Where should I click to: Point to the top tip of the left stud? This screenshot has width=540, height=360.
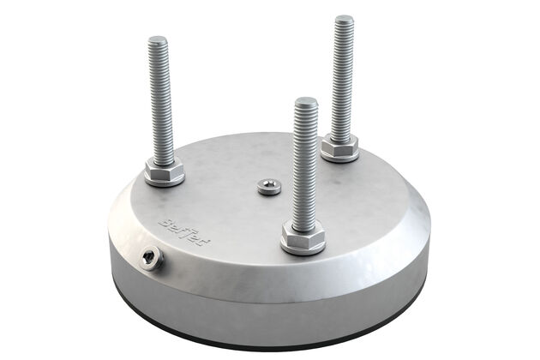coord(158,39)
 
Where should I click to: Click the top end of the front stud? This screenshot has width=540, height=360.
coord(306,101)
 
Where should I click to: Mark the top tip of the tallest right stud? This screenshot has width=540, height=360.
coord(344,18)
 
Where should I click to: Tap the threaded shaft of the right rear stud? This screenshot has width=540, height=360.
coord(342,77)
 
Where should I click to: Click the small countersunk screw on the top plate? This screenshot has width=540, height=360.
coord(269,186)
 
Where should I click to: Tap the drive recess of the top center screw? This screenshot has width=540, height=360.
coord(269,184)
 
